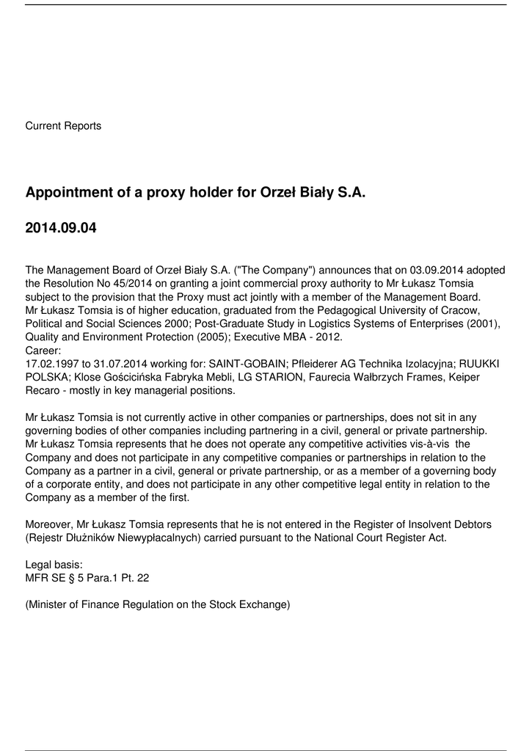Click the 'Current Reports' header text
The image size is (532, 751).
(63, 126)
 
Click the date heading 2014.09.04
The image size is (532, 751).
(60, 228)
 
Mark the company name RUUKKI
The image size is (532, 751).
(479, 363)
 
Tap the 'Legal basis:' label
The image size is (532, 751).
(54, 565)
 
